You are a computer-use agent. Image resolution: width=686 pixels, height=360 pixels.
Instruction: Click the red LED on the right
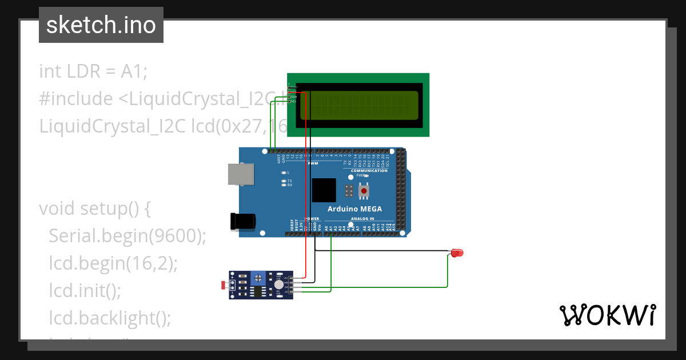click(x=457, y=253)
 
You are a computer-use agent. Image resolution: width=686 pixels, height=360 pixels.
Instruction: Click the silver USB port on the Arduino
click(x=241, y=174)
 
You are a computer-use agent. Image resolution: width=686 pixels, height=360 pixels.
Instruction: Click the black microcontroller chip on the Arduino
click(x=324, y=190)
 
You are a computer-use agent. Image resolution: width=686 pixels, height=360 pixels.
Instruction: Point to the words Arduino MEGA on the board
click(x=354, y=209)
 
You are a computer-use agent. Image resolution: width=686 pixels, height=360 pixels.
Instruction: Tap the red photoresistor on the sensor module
click(x=224, y=284)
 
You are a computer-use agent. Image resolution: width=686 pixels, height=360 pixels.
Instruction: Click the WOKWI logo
click(x=607, y=315)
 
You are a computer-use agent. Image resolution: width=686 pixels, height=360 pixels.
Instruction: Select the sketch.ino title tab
click(x=101, y=25)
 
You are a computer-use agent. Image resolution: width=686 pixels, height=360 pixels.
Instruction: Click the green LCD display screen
click(x=358, y=105)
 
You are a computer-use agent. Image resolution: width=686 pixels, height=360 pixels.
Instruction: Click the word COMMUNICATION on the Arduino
click(x=369, y=171)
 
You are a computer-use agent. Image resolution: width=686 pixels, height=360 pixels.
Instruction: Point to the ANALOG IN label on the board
click(x=362, y=218)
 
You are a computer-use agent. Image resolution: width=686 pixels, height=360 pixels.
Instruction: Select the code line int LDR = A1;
click(x=93, y=71)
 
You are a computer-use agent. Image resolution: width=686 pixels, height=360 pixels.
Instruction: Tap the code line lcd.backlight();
click(x=110, y=318)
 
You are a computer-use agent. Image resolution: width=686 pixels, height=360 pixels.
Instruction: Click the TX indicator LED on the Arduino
click(x=284, y=181)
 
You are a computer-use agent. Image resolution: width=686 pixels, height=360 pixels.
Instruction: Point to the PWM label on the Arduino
click(x=313, y=163)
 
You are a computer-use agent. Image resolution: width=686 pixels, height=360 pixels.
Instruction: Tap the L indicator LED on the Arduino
click(x=284, y=172)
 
